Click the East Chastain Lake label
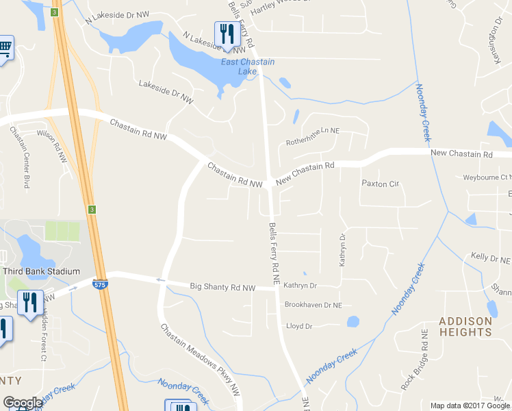tap(247, 66)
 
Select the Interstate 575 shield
tap(101, 284)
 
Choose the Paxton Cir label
tap(380, 184)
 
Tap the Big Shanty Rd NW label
tap(222, 286)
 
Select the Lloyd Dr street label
tap(299, 326)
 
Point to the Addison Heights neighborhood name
tap(465, 326)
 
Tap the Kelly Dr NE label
tap(491, 259)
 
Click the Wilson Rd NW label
tap(53, 146)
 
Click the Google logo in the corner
tap(23, 403)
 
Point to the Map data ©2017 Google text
tap(470, 406)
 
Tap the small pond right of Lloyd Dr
tap(353, 321)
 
